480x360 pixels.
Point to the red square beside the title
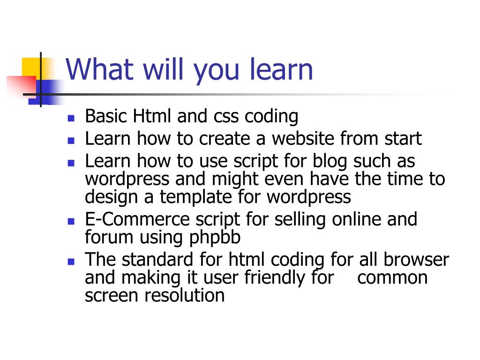(21, 85)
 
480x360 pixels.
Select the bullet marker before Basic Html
(71, 118)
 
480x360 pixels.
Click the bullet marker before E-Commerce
(71, 221)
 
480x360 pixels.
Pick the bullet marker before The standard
(71, 261)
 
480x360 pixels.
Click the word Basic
(106, 116)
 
